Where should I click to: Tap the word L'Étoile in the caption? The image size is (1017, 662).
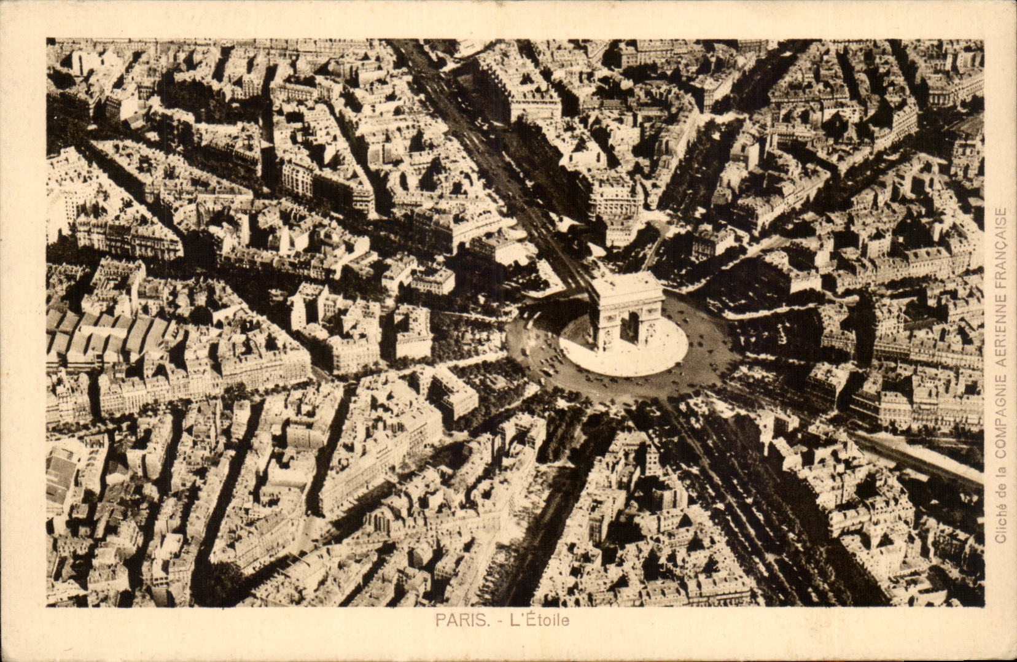point(539,620)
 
